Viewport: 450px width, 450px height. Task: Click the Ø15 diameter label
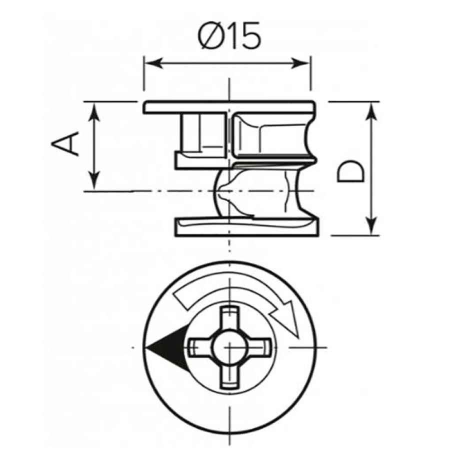229,36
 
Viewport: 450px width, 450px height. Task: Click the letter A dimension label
65,143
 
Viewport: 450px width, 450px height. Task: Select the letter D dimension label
350,171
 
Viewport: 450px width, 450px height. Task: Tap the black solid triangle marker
166,348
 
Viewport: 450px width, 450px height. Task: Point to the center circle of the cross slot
229,347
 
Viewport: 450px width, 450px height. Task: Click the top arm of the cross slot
229,318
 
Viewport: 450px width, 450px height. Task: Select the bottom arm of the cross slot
229,376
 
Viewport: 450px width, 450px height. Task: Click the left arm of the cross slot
200,347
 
